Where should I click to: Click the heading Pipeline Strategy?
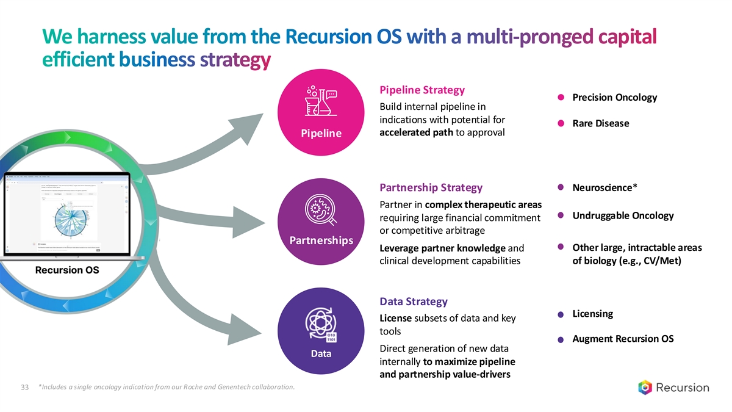(422, 90)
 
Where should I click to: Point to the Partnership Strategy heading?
(431, 187)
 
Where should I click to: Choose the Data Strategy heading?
(414, 302)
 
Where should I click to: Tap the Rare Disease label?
(600, 123)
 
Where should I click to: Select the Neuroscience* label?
(605, 187)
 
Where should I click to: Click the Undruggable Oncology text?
(623, 215)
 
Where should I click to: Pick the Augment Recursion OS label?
(623, 339)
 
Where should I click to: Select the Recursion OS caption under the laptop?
(67, 270)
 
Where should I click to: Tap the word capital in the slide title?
(626, 38)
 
